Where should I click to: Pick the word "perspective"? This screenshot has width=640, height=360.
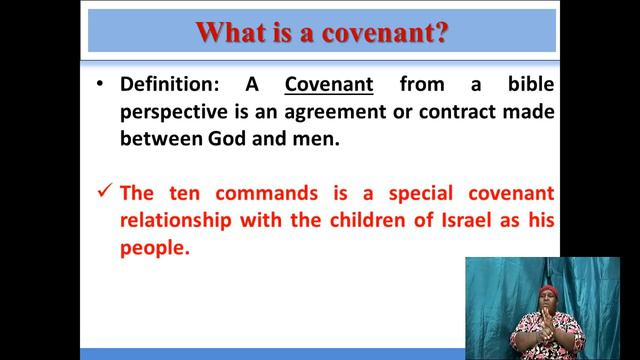tap(178, 112)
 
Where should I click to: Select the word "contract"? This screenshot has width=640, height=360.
tap(463, 112)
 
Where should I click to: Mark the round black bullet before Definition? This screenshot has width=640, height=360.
tap(100, 84)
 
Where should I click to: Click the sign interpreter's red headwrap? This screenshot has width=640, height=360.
tap(547, 292)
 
